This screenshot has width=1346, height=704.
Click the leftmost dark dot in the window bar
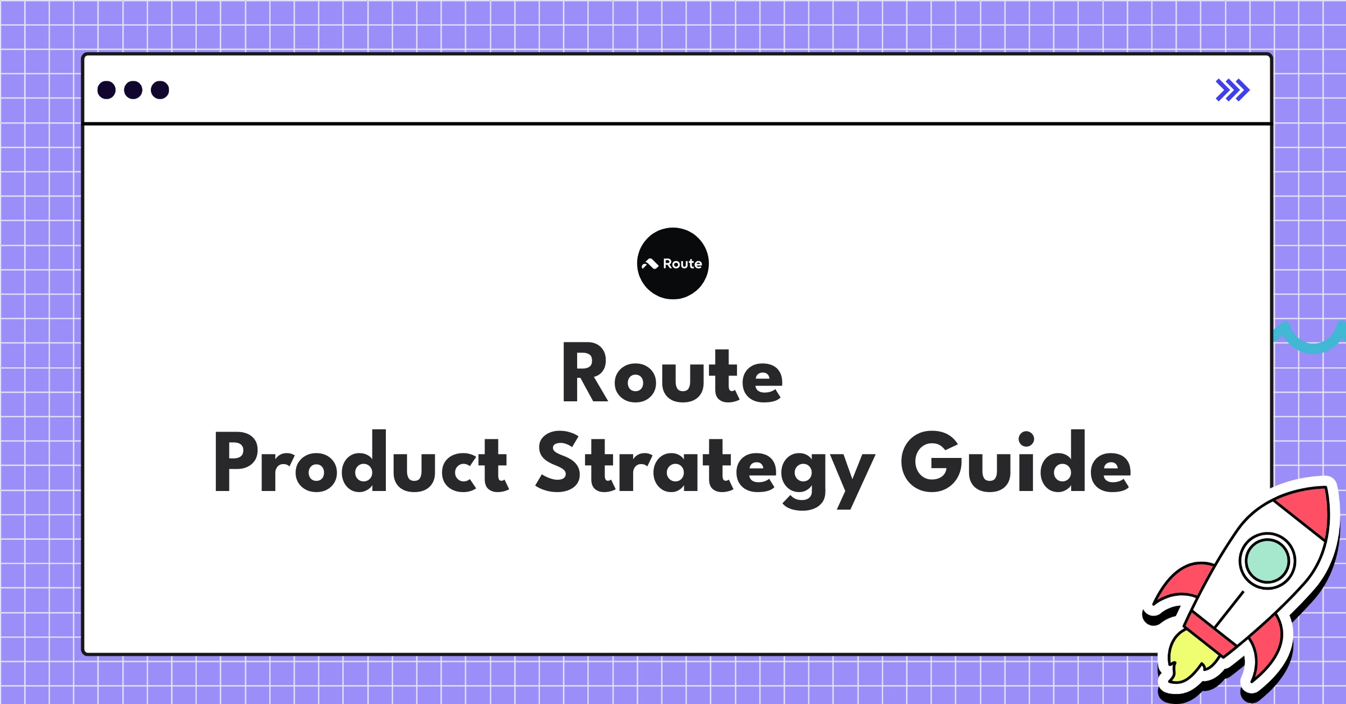(x=107, y=90)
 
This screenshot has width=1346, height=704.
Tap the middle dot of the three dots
(x=133, y=90)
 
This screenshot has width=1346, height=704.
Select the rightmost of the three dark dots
(x=160, y=90)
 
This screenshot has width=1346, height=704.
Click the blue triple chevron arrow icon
(x=1232, y=90)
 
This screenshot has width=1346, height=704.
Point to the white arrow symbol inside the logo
(x=650, y=263)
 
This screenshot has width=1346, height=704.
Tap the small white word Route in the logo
(x=682, y=263)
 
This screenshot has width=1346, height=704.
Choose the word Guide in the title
(x=1016, y=462)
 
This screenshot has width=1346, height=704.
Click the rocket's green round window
(x=1267, y=561)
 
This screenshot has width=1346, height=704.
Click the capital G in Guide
(x=928, y=462)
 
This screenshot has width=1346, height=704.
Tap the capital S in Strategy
(x=557, y=462)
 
